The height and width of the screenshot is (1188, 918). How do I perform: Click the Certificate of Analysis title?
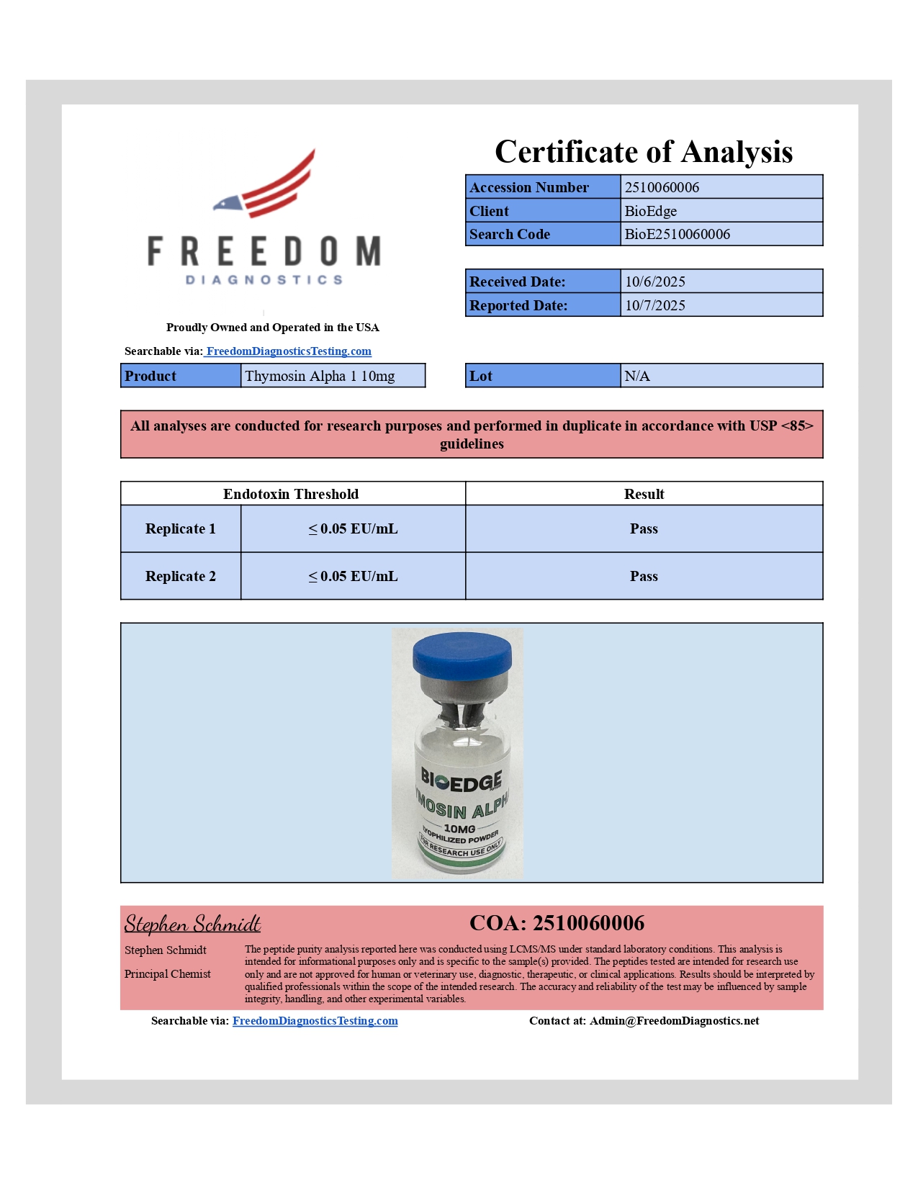tap(644, 152)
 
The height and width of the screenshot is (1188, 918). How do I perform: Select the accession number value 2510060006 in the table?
tap(662, 187)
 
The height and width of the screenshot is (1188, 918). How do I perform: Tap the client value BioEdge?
tap(650, 211)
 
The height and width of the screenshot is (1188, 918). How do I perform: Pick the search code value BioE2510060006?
tap(677, 234)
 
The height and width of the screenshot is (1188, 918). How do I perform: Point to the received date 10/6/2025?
tap(654, 282)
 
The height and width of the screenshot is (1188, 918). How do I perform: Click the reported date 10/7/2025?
tap(654, 305)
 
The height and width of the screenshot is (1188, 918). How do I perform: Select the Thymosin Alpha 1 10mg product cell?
tap(320, 376)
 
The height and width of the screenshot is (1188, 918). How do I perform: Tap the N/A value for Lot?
tap(637, 376)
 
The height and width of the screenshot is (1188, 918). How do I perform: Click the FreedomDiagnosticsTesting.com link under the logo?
tap(289, 351)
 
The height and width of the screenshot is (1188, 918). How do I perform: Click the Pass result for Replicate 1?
tap(644, 528)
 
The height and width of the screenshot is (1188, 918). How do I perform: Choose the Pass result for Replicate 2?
tap(644, 576)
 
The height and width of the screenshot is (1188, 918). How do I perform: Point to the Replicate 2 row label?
tap(181, 576)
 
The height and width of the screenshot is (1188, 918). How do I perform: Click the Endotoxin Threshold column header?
tap(291, 494)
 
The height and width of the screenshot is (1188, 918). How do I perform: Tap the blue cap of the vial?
tap(462, 654)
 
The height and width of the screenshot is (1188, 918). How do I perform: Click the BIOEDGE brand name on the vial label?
tap(461, 780)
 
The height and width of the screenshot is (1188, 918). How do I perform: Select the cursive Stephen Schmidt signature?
tap(192, 924)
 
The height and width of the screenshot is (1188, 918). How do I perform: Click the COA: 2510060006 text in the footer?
tap(557, 923)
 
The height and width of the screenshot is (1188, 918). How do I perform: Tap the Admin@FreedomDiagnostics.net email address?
tap(674, 1020)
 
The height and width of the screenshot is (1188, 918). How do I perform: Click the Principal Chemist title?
tap(168, 974)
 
